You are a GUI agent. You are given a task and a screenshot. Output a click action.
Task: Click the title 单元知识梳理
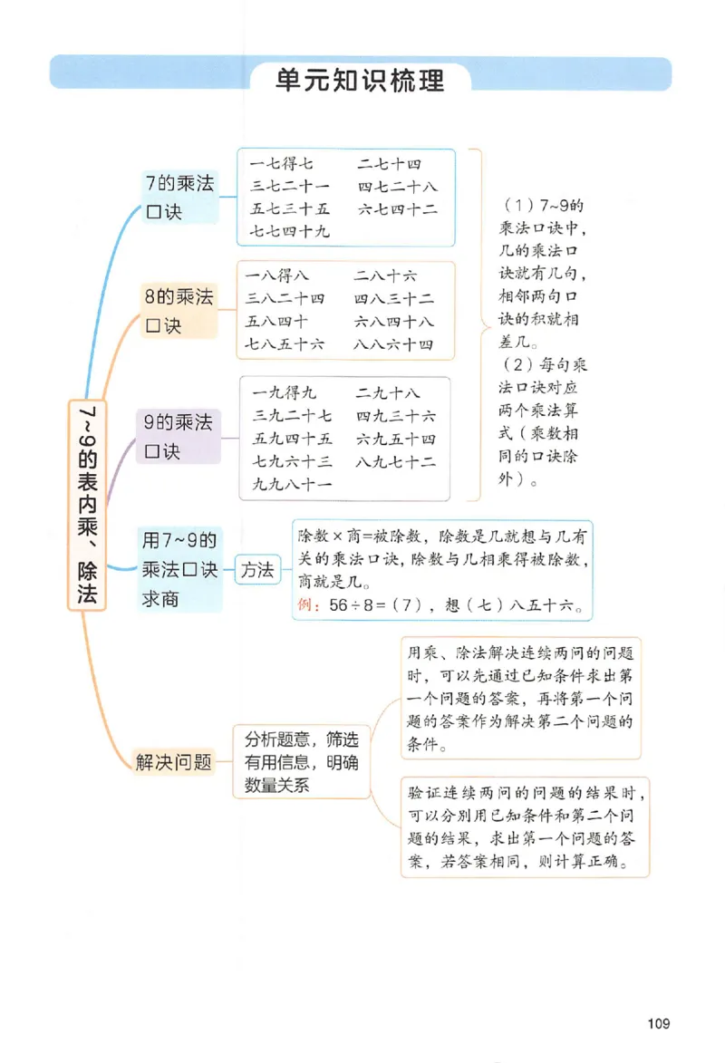[360, 80]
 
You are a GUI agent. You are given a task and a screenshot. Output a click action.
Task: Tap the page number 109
[659, 1024]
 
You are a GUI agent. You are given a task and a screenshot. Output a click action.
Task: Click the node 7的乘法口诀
[179, 198]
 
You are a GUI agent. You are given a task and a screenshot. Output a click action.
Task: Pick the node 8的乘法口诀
[179, 311]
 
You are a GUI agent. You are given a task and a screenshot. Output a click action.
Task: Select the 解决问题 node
[173, 762]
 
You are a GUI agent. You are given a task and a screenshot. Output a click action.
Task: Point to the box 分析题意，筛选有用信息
[301, 762]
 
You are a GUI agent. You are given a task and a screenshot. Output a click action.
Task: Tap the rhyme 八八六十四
[394, 344]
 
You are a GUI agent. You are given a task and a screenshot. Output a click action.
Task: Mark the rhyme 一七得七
[282, 164]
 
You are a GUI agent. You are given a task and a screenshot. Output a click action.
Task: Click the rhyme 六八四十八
[394, 322]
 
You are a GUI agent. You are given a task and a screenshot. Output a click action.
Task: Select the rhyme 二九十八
[389, 393]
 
